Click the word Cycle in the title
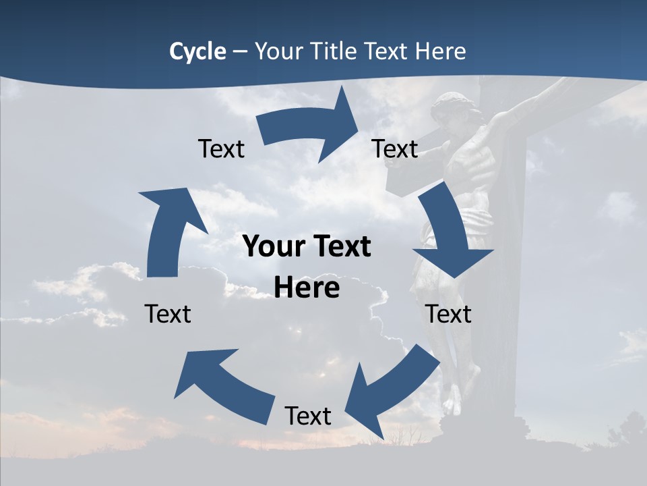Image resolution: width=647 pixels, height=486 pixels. point(197,51)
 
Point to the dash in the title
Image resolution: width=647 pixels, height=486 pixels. point(240,51)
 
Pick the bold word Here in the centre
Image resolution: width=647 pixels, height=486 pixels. point(307,288)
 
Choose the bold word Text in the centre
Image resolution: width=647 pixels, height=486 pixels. point(341,247)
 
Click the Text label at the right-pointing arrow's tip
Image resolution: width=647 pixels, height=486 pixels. point(395,149)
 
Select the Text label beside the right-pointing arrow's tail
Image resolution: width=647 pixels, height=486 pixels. point(221,149)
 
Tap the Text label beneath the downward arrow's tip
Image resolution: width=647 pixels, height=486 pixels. point(448,314)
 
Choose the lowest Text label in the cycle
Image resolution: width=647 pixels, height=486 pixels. point(308,416)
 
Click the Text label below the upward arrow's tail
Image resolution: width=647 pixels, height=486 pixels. point(168,314)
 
